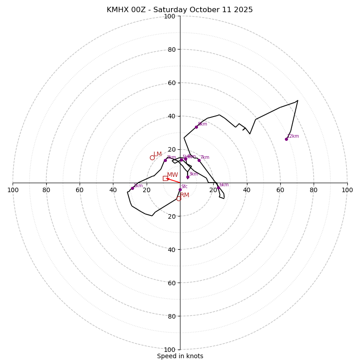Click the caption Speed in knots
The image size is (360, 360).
(x=180, y=356)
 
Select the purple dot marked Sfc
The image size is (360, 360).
(x=180, y=189)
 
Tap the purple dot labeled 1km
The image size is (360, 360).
(x=132, y=188)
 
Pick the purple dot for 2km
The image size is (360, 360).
(x=165, y=161)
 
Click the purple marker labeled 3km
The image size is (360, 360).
(x=188, y=177)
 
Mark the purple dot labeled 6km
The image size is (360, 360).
(x=218, y=188)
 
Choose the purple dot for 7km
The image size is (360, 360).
(x=199, y=160)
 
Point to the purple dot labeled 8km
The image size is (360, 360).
(x=196, y=127)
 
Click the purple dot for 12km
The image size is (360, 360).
(x=286, y=139)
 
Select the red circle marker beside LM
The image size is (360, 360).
(x=152, y=157)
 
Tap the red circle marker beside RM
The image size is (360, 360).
(x=179, y=198)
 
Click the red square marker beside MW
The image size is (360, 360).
(x=165, y=178)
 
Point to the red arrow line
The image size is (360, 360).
(x=173, y=180)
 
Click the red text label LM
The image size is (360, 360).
(x=157, y=154)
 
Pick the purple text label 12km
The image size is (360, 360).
(x=293, y=136)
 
